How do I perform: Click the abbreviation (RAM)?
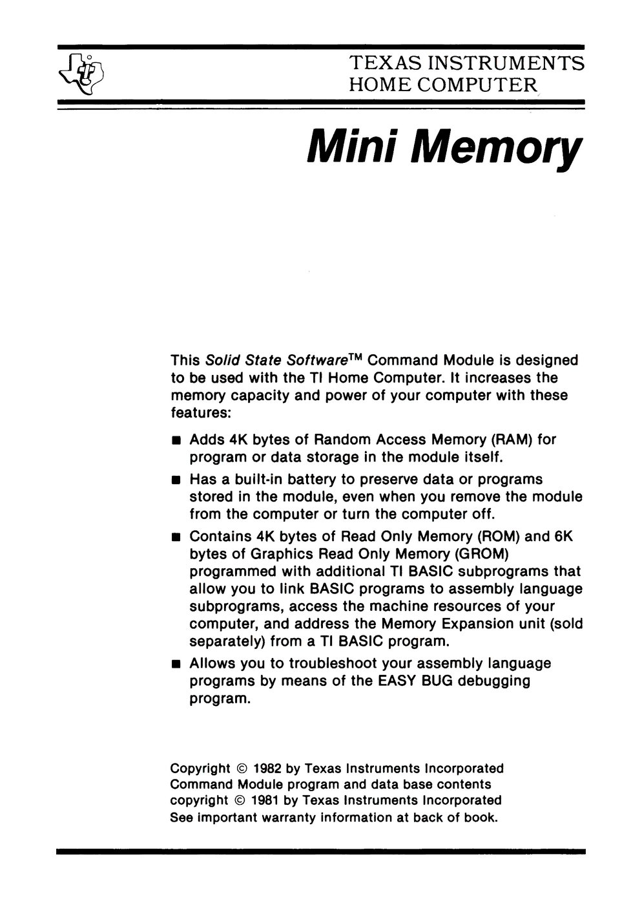[x=512, y=440]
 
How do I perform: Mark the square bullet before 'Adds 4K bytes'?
[x=176, y=441]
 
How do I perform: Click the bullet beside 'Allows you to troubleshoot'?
[x=176, y=665]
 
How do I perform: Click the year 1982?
[x=267, y=769]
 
